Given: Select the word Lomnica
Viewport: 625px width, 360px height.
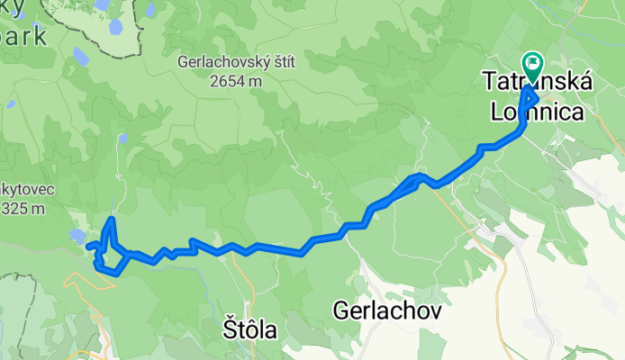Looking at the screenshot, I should point(534,111).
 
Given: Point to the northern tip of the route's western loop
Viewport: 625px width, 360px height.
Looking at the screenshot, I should point(110,219).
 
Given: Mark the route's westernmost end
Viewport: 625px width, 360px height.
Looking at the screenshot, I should point(89,246).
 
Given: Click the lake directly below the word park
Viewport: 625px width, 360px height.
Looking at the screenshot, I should point(79,58).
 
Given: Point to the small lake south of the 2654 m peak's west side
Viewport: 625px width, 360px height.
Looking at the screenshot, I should point(120,140).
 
